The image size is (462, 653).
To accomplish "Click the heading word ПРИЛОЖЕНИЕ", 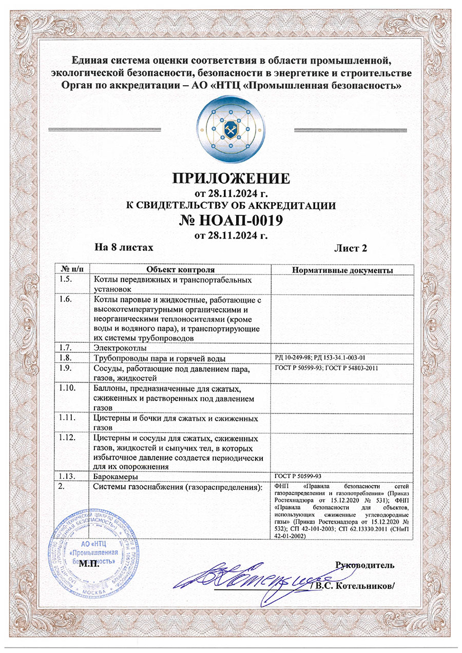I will coord(230,179).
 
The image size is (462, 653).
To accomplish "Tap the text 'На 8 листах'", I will coord(124,248).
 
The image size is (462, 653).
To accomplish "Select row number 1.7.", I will coord(67,348).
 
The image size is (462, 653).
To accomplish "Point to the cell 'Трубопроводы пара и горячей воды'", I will coord(160,358).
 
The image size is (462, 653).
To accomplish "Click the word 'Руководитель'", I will coord(364,566).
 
